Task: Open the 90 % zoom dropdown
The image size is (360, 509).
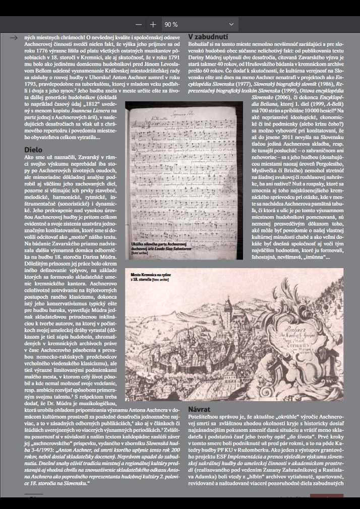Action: click(x=199, y=24)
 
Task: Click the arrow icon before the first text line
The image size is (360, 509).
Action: click(x=14, y=37)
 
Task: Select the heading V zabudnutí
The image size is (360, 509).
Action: click(x=208, y=37)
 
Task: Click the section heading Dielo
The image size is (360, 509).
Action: click(x=33, y=150)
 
